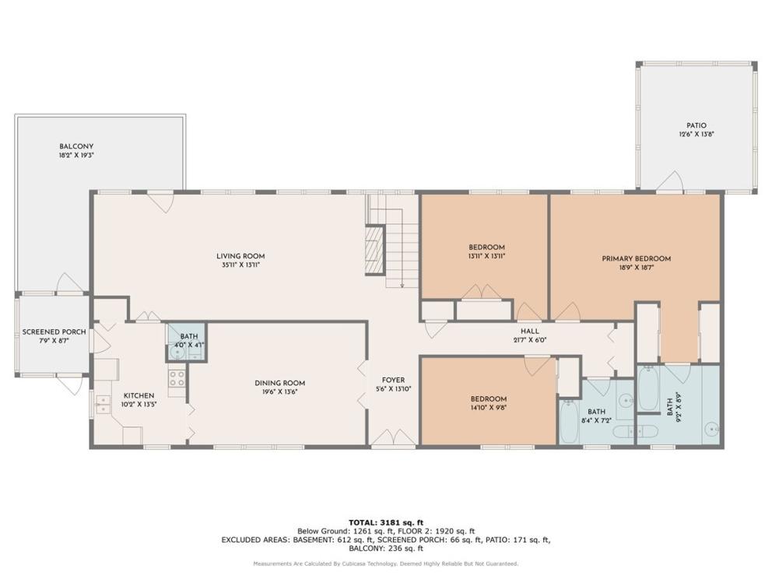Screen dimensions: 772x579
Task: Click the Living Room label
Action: (x=240, y=256)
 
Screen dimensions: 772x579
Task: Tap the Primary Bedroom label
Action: (x=636, y=258)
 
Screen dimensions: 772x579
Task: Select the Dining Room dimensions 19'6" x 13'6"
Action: (x=279, y=392)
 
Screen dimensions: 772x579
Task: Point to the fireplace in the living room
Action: (x=374, y=250)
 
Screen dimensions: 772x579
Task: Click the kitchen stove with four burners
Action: (x=177, y=379)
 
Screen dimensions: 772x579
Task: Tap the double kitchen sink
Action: (x=104, y=404)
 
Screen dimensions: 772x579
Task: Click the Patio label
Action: (x=697, y=125)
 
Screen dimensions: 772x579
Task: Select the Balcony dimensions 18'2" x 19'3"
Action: (x=76, y=155)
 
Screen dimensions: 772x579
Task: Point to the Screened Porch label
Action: (x=54, y=332)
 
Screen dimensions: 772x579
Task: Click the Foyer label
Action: (x=393, y=380)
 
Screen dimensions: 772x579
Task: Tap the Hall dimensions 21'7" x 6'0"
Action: (x=530, y=340)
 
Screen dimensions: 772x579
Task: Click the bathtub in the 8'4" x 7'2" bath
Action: (x=569, y=422)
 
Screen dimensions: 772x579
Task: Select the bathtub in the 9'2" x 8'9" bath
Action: (x=648, y=388)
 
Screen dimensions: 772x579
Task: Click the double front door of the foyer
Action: (x=393, y=438)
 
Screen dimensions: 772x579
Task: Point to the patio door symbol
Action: (x=669, y=181)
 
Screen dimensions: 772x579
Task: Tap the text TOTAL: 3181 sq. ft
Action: (x=386, y=522)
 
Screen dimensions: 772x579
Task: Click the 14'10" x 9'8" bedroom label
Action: (x=489, y=403)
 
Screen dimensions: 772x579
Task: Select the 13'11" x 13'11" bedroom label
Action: (x=486, y=251)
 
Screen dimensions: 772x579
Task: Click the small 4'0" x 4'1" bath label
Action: (x=189, y=341)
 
